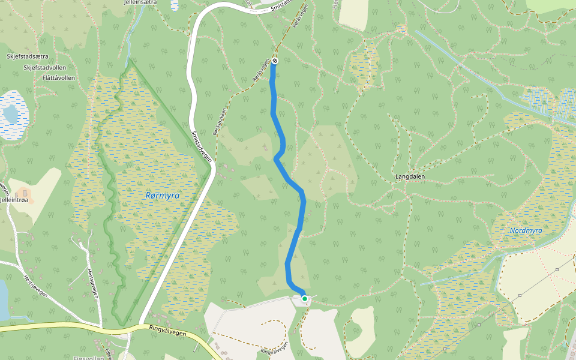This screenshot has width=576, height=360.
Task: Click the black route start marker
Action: click(274, 61)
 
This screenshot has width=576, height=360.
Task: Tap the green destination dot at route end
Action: click(305, 298)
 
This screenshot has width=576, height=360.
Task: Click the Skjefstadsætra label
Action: click(27, 56)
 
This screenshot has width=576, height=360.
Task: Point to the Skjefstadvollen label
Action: click(44, 67)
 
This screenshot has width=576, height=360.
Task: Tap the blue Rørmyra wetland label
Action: click(163, 196)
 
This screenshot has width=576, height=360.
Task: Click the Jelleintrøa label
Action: click(14, 200)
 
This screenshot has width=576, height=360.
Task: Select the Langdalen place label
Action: click(410, 177)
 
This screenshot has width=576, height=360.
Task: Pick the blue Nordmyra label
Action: click(526, 230)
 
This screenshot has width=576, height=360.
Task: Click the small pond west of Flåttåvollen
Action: click(10, 112)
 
